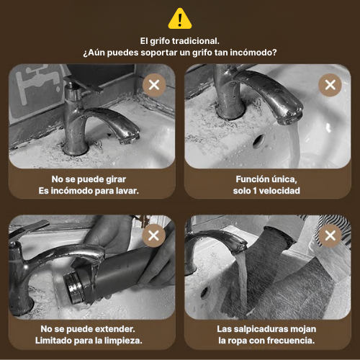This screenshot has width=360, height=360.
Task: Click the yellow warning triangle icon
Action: tap(180, 19)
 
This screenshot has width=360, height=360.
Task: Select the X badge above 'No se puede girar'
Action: tap(154, 85)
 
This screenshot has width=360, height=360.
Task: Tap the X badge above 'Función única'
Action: tap(330, 85)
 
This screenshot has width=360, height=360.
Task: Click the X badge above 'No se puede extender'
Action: tap(153, 235)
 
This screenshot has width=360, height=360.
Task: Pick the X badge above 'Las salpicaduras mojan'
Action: tap(330, 235)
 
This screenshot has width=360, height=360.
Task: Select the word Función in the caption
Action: tap(251, 179)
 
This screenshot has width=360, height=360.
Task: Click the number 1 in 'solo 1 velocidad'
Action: tap(255, 191)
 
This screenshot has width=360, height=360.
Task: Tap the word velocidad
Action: tap(279, 191)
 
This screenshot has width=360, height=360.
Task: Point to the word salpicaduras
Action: tap(261, 329)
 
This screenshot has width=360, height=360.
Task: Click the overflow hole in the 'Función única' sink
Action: tap(258, 141)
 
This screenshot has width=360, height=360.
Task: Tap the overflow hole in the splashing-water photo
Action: tap(204, 293)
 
